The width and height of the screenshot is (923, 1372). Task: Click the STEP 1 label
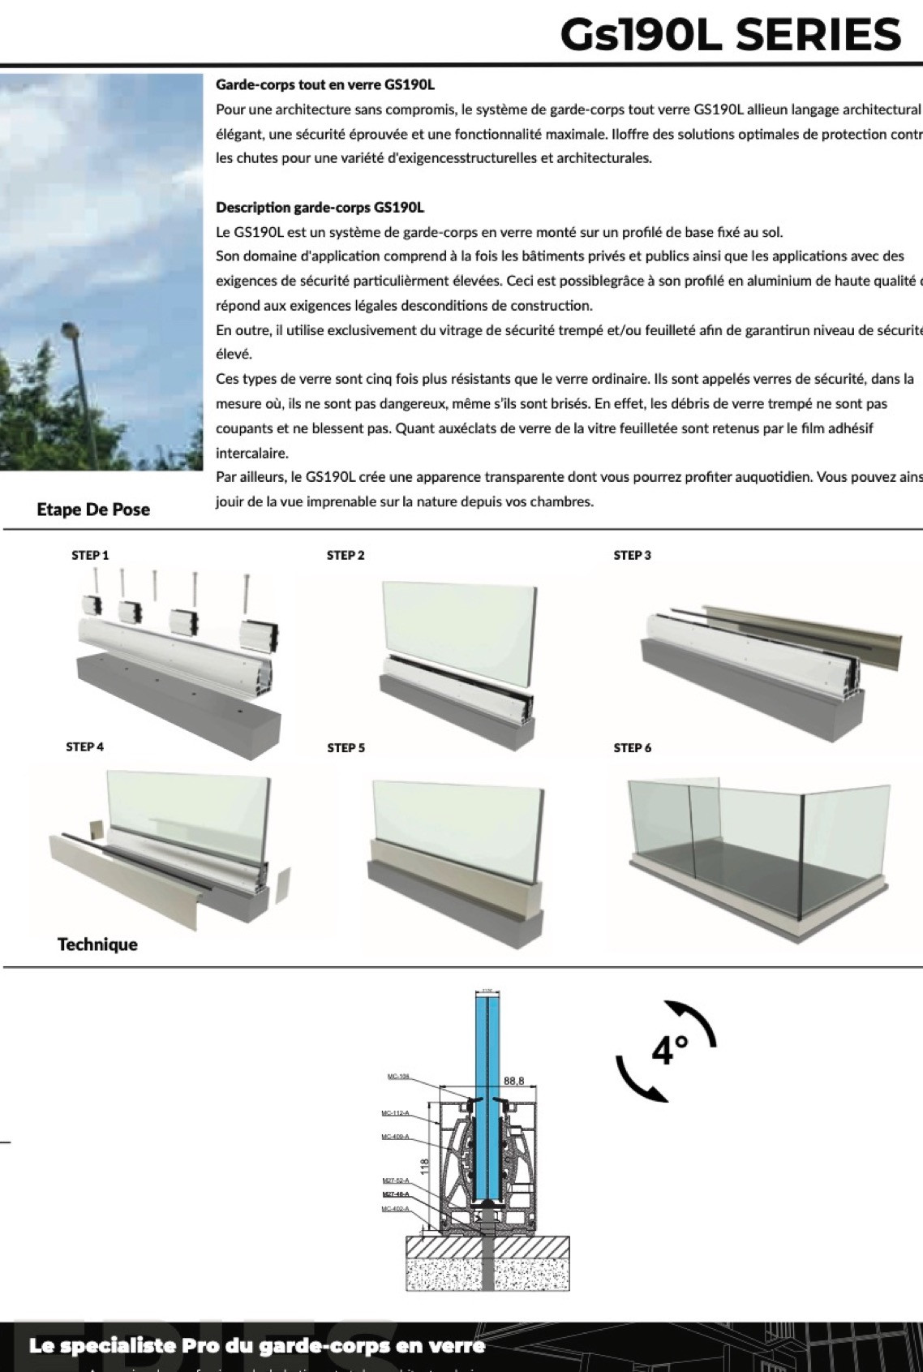click(89, 555)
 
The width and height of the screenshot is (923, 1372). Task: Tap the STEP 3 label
click(632, 555)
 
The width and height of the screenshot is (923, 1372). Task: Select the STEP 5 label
click(346, 747)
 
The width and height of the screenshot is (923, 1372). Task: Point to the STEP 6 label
click(632, 747)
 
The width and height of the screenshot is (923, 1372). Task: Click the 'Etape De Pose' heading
click(93, 510)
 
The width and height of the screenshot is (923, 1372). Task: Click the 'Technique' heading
click(97, 944)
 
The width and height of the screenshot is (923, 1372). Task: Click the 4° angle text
click(668, 1051)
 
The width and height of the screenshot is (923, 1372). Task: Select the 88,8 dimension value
click(514, 1081)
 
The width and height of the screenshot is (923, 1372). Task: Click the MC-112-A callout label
click(395, 1112)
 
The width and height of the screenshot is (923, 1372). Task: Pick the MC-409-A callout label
click(395, 1137)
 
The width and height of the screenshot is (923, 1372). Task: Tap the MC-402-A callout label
click(394, 1209)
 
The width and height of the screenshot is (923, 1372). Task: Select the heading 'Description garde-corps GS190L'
click(320, 208)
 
